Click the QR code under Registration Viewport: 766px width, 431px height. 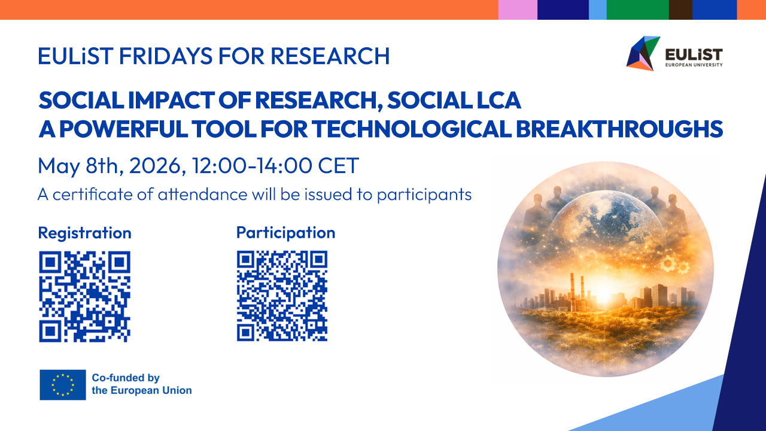84,296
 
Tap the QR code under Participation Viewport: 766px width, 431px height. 282,296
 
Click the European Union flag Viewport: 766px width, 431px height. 63,384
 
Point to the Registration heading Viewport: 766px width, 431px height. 84,233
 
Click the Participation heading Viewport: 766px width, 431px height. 285,233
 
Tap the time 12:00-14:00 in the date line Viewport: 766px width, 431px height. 253,166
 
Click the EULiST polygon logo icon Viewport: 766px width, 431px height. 642,53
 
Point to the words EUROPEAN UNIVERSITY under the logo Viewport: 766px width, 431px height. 694,65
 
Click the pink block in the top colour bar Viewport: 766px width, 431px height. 518,10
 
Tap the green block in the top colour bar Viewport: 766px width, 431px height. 637,10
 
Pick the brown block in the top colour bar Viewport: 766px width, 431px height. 680,10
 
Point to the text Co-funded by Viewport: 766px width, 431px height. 126,378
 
